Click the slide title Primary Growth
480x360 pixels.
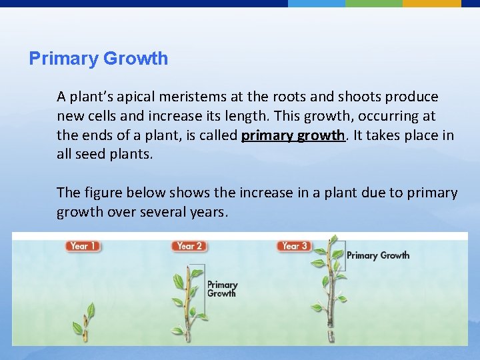99,59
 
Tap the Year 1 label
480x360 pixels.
82,246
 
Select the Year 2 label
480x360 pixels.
189,246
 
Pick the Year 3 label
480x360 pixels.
295,246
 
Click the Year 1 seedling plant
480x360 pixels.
85,320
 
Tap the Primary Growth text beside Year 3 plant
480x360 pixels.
378,255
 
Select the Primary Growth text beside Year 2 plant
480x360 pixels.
221,289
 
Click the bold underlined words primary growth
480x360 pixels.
293,136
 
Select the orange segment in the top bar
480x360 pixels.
431,3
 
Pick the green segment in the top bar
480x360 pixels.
373,3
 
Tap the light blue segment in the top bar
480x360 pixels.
316,3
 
